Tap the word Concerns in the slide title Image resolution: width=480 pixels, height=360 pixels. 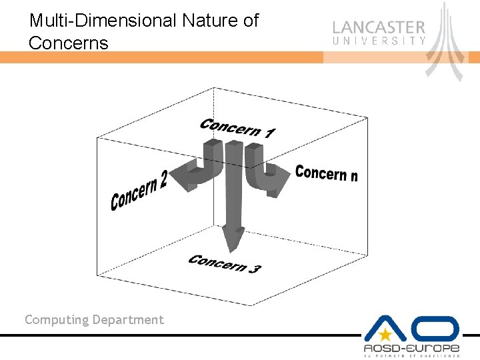click(68, 44)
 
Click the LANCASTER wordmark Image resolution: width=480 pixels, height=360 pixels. click(379, 28)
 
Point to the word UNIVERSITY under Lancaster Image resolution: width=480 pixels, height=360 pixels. click(379, 41)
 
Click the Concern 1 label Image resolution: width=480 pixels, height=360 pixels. click(237, 128)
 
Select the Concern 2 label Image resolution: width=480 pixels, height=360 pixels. click(138, 190)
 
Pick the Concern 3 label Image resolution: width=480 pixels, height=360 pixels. click(224, 264)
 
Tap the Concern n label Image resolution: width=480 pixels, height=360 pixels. click(326, 173)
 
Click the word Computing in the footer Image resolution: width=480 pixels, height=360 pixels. click(57, 320)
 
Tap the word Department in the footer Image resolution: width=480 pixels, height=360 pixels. click(128, 320)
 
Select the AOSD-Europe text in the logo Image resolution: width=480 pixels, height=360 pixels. click(411, 349)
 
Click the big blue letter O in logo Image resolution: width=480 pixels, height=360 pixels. click(436, 329)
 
